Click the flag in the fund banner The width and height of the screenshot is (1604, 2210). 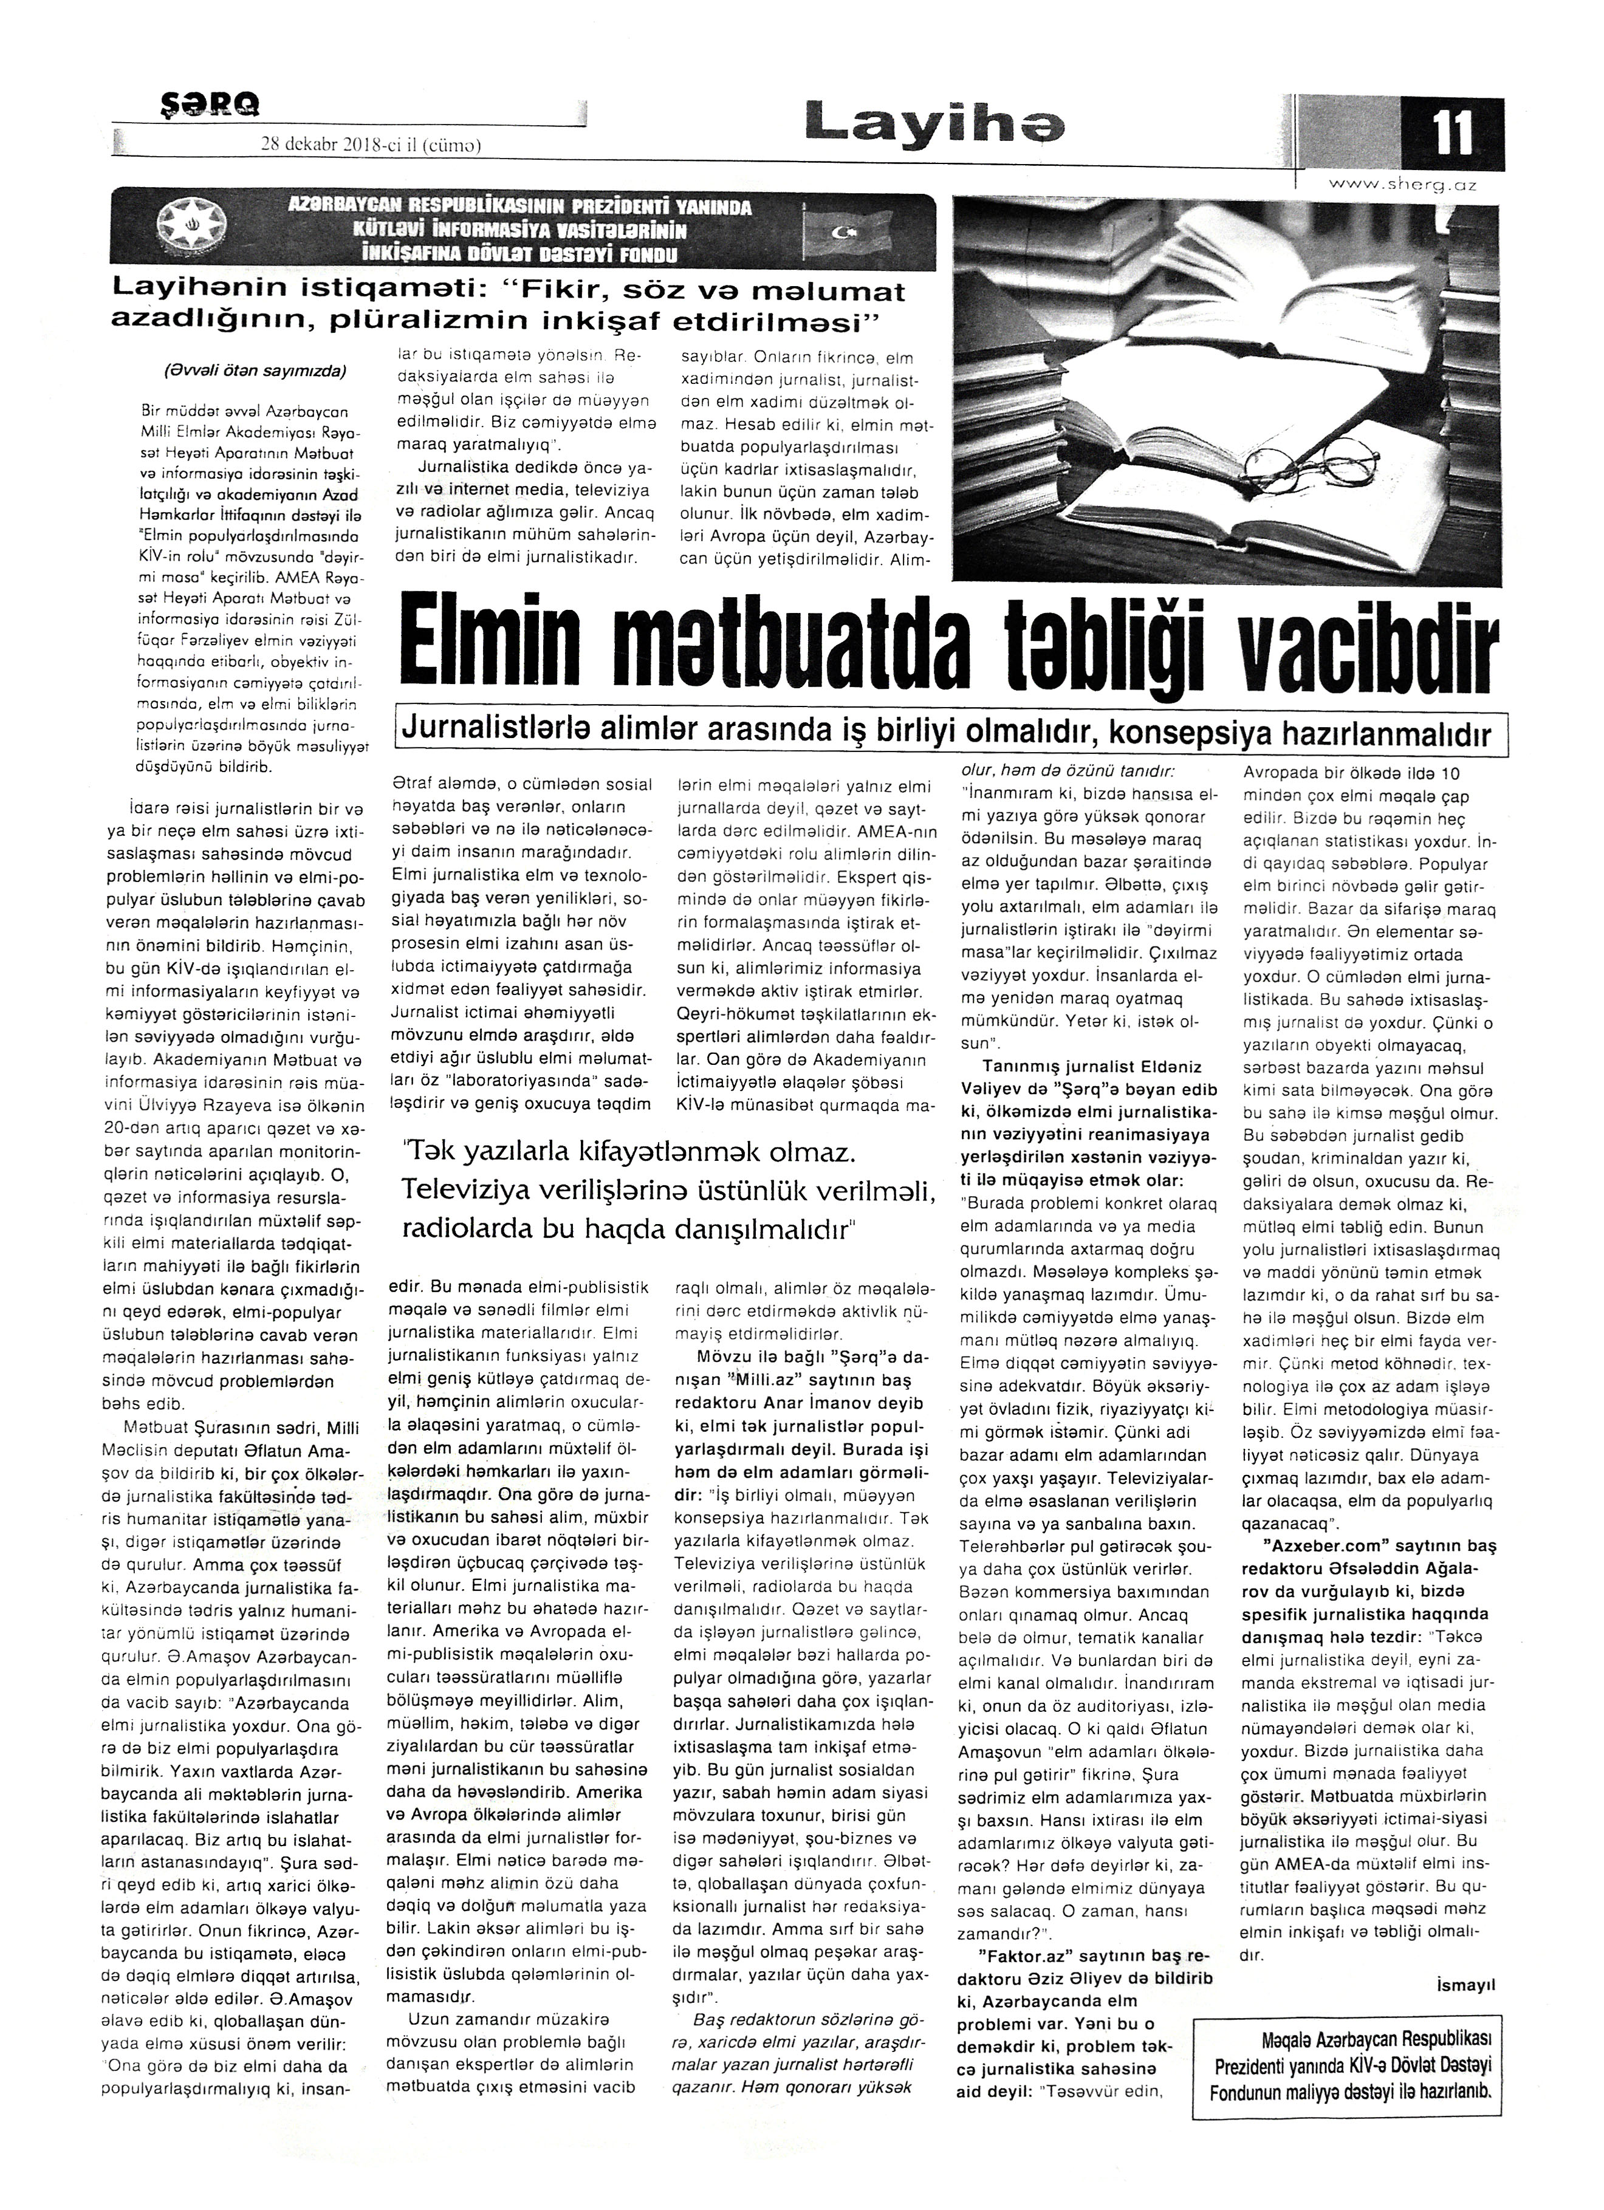[842, 232]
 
